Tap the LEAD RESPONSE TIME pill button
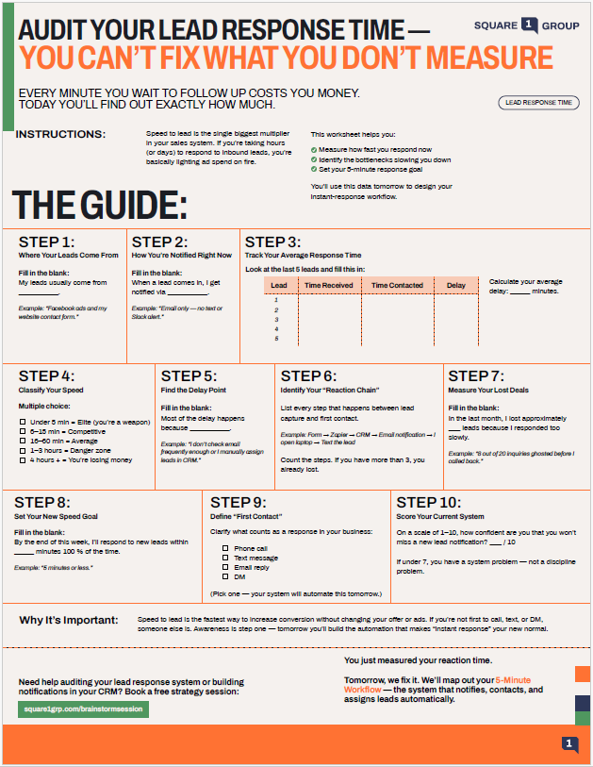click(x=538, y=102)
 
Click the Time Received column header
click(x=329, y=285)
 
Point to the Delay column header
click(x=455, y=285)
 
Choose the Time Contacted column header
click(x=397, y=285)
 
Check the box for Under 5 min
click(x=23, y=422)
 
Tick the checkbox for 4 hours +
click(x=23, y=459)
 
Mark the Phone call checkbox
click(x=226, y=548)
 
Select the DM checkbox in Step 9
click(x=226, y=576)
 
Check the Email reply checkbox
click(x=226, y=567)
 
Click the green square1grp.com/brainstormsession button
click(x=83, y=709)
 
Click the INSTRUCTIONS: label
click(x=61, y=134)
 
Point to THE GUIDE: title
click(x=99, y=205)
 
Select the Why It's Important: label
click(x=69, y=620)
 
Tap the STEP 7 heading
click(x=489, y=375)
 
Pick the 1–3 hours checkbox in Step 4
click(x=23, y=450)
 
